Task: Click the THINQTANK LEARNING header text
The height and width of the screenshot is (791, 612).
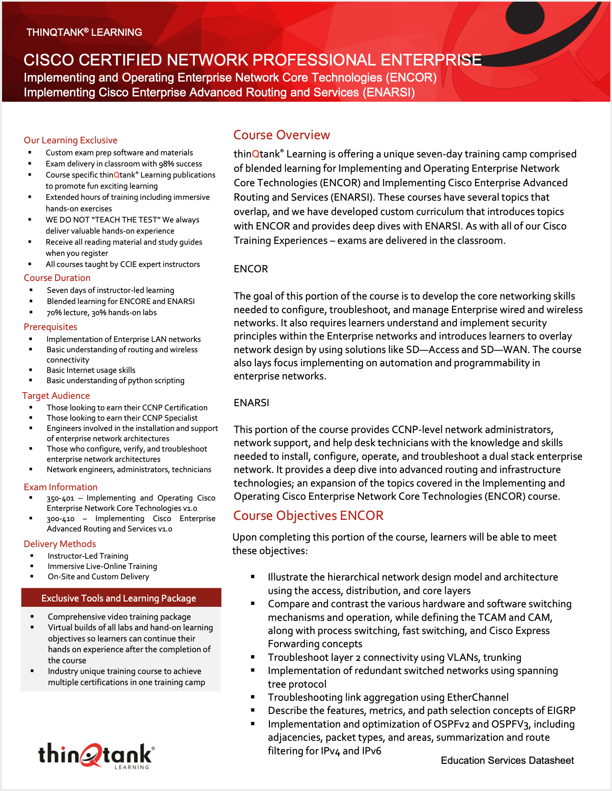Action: click(84, 32)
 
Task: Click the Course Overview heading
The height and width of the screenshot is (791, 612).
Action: click(282, 135)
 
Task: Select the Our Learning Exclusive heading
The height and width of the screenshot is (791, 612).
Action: click(70, 140)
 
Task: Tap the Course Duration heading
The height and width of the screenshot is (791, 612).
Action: click(57, 278)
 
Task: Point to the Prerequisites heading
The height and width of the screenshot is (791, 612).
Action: click(50, 327)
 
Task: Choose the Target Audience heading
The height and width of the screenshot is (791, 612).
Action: click(56, 395)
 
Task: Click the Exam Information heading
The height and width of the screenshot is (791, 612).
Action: click(61, 487)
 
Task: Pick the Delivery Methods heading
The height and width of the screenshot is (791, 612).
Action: click(60, 544)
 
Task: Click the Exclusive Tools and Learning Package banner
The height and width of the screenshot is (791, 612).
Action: click(119, 598)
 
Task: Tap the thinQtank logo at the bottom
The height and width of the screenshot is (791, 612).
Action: click(96, 756)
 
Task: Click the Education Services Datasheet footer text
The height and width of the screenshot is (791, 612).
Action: click(507, 760)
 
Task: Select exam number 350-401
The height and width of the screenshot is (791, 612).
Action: click(60, 498)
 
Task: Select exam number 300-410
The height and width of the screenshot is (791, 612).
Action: click(60, 519)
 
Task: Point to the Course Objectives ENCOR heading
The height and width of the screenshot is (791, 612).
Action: click(308, 515)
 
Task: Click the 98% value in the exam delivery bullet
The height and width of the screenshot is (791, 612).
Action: click(165, 164)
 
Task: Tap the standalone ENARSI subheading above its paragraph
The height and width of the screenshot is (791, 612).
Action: click(251, 403)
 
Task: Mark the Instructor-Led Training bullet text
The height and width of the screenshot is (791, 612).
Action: click(88, 556)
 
